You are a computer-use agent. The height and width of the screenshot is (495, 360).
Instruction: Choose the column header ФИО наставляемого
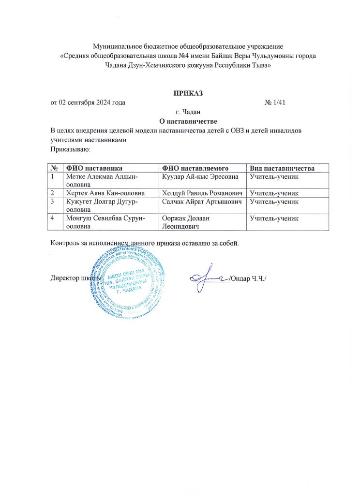coord(195,168)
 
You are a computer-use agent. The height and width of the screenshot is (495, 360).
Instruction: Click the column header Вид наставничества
coord(282,168)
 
